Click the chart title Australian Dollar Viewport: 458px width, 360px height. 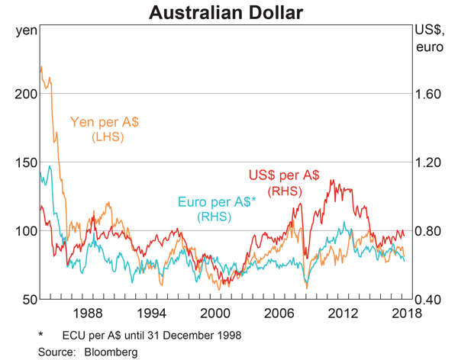coord(227,13)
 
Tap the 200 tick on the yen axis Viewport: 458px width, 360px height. coord(25,94)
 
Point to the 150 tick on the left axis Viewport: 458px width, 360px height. coord(25,162)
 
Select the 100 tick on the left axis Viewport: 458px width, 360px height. coord(25,231)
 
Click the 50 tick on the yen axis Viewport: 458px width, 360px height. coord(28,300)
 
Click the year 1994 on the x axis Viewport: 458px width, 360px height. coord(152,313)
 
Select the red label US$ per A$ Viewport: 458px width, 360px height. coord(284,175)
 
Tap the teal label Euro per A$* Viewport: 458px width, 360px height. coord(218,202)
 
